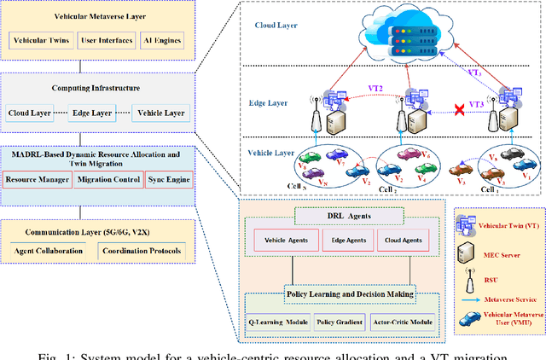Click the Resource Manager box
pyautogui.click(x=36, y=180)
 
